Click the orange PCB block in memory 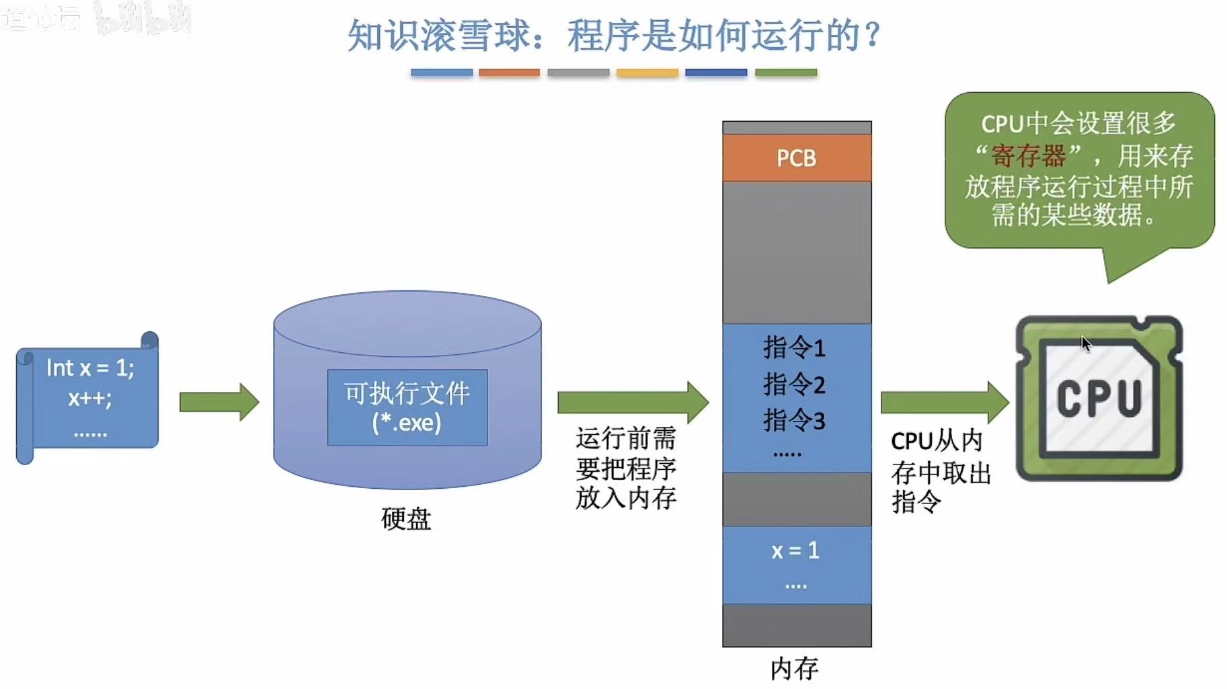click(797, 158)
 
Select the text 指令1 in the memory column click(794, 348)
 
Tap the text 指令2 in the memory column click(794, 384)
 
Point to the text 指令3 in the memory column click(794, 421)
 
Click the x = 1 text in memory click(795, 551)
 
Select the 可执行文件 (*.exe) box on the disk click(407, 407)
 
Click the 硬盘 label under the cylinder click(406, 519)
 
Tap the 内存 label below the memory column click(794, 668)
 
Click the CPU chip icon click(1099, 398)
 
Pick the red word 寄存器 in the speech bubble click(1029, 156)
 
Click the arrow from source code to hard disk click(219, 402)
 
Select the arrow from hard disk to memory click(632, 402)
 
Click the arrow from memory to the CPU click(944, 402)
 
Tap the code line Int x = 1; click(90, 368)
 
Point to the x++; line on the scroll click(89, 398)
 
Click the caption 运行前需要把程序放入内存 click(625, 468)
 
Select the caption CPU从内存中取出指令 click(940, 472)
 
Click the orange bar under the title click(509, 73)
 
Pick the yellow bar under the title click(647, 73)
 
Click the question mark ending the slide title click(873, 35)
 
